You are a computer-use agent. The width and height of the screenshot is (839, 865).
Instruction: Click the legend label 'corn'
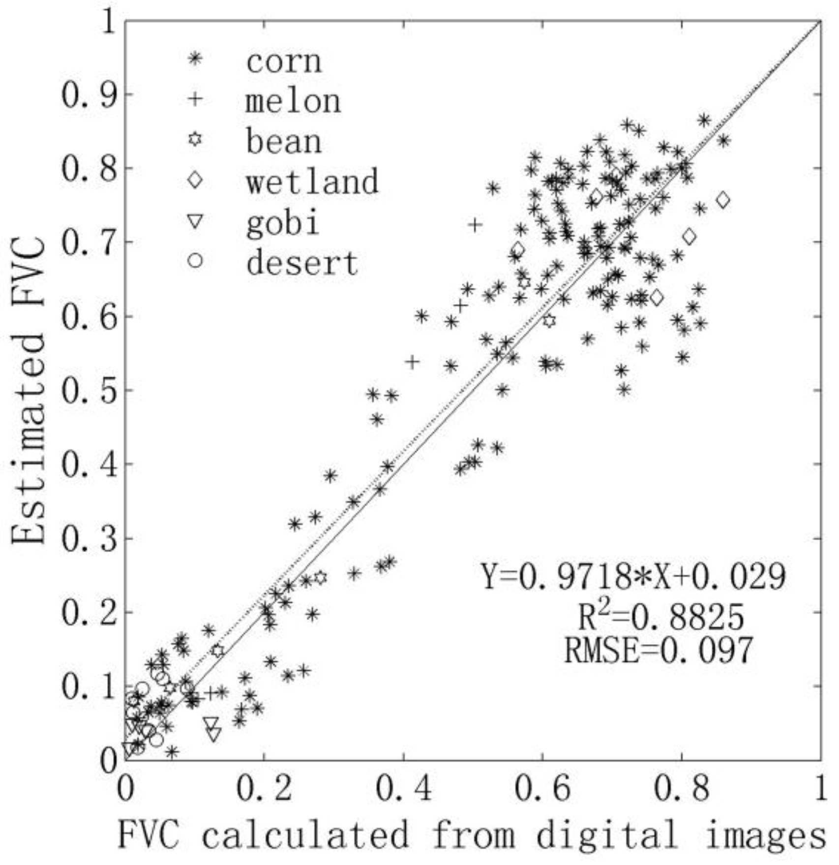click(284, 62)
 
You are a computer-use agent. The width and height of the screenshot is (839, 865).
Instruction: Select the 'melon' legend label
click(293, 101)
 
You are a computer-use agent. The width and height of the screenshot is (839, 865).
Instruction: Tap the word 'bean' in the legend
click(284, 141)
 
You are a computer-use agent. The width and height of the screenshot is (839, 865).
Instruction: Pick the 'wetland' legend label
click(313, 181)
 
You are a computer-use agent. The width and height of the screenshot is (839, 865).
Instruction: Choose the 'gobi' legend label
click(283, 222)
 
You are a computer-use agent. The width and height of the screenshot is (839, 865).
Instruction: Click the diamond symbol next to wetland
click(196, 180)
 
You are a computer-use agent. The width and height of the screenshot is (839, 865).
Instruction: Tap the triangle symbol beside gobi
click(196, 221)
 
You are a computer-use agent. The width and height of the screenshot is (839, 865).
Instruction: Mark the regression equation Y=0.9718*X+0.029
click(633, 577)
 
